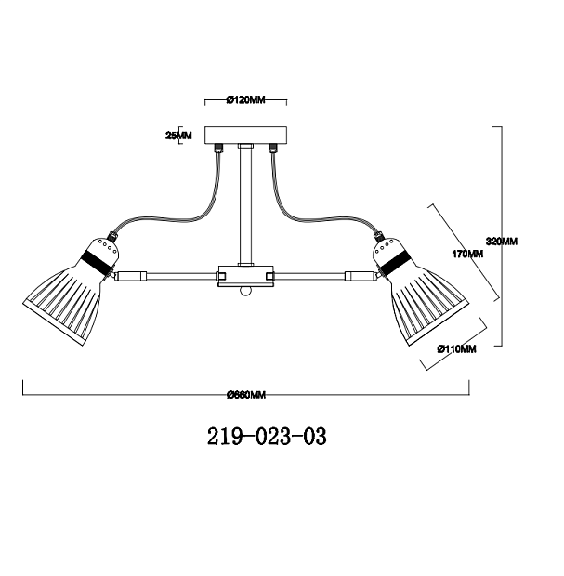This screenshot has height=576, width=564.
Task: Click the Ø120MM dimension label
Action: click(246, 99)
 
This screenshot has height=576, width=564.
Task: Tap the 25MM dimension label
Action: click(178, 136)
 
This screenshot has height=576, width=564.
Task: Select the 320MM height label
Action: click(502, 242)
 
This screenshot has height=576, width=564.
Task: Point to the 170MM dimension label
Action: click(467, 254)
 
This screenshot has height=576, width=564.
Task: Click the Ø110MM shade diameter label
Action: click(457, 348)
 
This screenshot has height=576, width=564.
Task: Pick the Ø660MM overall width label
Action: click(246, 395)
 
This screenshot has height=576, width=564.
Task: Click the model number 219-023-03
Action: click(267, 437)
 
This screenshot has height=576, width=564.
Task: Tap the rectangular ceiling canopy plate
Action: click(246, 136)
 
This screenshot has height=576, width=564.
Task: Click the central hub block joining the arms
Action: click(246, 276)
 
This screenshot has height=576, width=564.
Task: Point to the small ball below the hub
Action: click(245, 291)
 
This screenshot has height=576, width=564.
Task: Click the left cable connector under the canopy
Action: click(219, 148)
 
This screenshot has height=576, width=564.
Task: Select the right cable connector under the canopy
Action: click(272, 148)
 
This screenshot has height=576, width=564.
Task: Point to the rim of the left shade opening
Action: click(54, 323)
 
